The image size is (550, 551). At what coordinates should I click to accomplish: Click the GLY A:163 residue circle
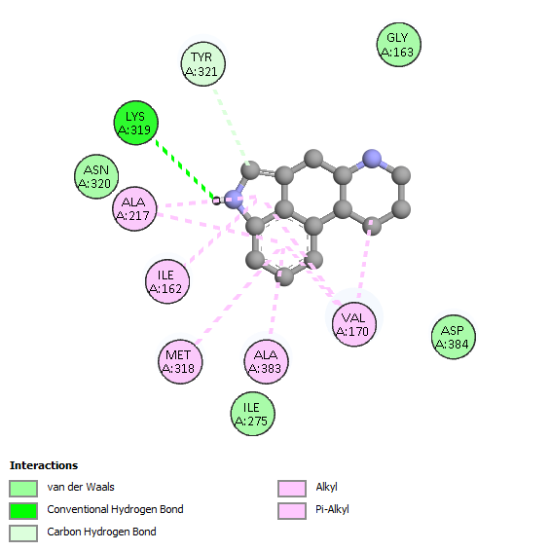(x=398, y=45)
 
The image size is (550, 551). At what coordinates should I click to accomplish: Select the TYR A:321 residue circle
(x=202, y=64)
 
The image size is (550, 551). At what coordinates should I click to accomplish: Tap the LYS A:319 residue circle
(x=136, y=123)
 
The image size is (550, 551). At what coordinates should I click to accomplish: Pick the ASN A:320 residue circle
(x=96, y=176)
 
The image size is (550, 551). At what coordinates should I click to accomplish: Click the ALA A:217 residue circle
(x=134, y=208)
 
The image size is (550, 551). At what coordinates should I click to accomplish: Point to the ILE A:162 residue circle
(x=167, y=281)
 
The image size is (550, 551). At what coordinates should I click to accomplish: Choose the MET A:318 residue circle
(x=180, y=361)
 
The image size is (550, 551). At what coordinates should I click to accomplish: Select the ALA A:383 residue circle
(x=266, y=361)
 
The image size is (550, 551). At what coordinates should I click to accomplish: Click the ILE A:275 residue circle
(x=253, y=414)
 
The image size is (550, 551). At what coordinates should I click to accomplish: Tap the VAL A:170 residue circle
(x=354, y=324)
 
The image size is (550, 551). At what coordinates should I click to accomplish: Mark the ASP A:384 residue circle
(x=454, y=337)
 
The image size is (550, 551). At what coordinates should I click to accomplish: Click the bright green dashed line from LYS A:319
(x=185, y=170)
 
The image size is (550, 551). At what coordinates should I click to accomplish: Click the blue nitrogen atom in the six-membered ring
(x=372, y=159)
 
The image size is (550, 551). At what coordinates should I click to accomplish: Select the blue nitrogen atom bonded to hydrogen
(x=234, y=200)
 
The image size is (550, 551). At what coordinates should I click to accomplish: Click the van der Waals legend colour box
(x=23, y=489)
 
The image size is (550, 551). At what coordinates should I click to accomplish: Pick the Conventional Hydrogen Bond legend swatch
(x=23, y=511)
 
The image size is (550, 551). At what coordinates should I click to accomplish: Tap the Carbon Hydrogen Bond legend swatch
(x=23, y=533)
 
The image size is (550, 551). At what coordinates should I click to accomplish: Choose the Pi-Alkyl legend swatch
(x=292, y=511)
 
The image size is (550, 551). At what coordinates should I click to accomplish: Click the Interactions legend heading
(x=44, y=465)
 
